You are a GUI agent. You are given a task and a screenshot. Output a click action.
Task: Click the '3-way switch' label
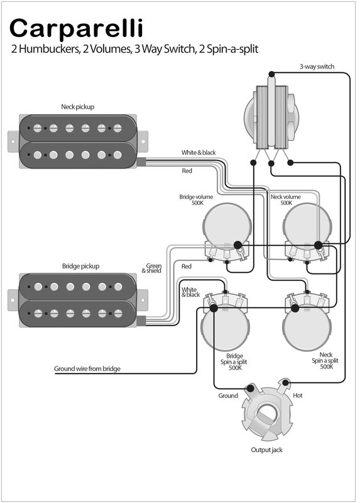click(x=317, y=67)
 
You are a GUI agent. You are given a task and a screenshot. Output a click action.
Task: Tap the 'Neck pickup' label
click(x=77, y=107)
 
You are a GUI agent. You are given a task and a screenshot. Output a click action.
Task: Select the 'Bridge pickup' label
click(x=81, y=266)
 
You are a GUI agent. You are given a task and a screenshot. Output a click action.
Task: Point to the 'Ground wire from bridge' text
click(x=87, y=368)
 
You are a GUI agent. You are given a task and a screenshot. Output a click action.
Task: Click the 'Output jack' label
click(x=267, y=450)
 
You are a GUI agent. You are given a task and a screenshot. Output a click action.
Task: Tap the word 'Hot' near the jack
click(x=298, y=395)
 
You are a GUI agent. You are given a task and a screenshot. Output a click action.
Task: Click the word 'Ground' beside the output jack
click(x=228, y=395)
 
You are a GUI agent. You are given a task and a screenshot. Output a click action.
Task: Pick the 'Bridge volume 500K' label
click(x=196, y=200)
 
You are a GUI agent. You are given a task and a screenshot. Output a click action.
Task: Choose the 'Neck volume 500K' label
click(x=286, y=200)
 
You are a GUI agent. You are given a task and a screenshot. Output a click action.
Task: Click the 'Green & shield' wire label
click(x=152, y=268)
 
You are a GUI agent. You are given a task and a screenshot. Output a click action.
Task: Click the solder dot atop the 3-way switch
click(x=271, y=74)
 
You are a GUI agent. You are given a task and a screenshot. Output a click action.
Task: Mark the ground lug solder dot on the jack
click(x=250, y=389)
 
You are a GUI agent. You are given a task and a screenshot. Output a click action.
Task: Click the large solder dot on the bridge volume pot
click(x=237, y=246)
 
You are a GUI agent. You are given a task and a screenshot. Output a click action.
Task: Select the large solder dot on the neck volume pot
click(x=318, y=246)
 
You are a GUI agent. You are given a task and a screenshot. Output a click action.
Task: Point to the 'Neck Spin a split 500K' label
click(x=325, y=360)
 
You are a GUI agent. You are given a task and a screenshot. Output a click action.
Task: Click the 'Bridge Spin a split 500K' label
click(x=234, y=362)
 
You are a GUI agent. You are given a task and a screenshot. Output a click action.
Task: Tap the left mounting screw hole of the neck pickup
click(x=13, y=141)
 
